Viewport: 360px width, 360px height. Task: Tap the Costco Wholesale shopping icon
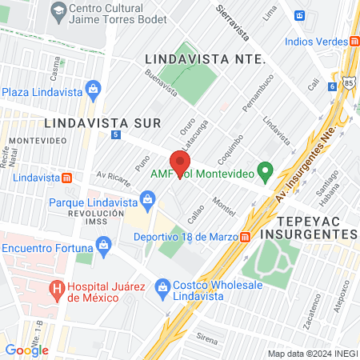pyautogui.click(x=162, y=286)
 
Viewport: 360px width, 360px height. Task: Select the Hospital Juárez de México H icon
pyautogui.click(x=56, y=288)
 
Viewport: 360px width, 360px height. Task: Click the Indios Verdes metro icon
pyautogui.click(x=354, y=41)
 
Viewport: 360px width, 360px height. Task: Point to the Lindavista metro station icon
pyautogui.click(x=68, y=177)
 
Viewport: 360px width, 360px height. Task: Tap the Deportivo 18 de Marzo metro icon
pyautogui.click(x=244, y=236)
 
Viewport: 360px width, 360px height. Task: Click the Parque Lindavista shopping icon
pyautogui.click(x=147, y=198)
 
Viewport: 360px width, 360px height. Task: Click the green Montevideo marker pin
pyautogui.click(x=267, y=171)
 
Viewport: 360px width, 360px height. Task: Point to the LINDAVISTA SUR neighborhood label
pyautogui.click(x=103, y=122)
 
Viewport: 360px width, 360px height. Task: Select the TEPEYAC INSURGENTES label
pyautogui.click(x=317, y=226)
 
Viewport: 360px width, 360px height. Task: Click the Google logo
pyautogui.click(x=26, y=350)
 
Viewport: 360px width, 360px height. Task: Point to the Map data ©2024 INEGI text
pyautogui.click(x=312, y=354)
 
